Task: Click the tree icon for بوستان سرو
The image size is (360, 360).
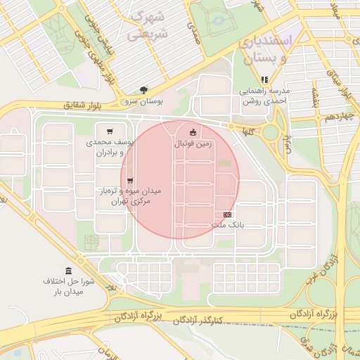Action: pyautogui.click(x=144, y=90)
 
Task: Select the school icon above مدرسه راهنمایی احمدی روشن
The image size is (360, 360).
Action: pyautogui.click(x=265, y=80)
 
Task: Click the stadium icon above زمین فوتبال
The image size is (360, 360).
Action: pyautogui.click(x=193, y=131)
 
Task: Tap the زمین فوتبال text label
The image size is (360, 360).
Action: pyautogui.click(x=193, y=143)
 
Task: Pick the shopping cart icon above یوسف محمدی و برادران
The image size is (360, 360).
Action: pyautogui.click(x=109, y=131)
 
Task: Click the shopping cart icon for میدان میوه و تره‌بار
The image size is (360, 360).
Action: pyautogui.click(x=130, y=181)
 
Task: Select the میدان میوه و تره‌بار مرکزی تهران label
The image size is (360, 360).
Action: pyautogui.click(x=129, y=196)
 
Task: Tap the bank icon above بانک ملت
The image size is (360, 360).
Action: pyautogui.click(x=227, y=214)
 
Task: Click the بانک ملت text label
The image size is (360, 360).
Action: pyautogui.click(x=227, y=225)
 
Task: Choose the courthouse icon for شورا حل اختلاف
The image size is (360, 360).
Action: pyautogui.click(x=68, y=271)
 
